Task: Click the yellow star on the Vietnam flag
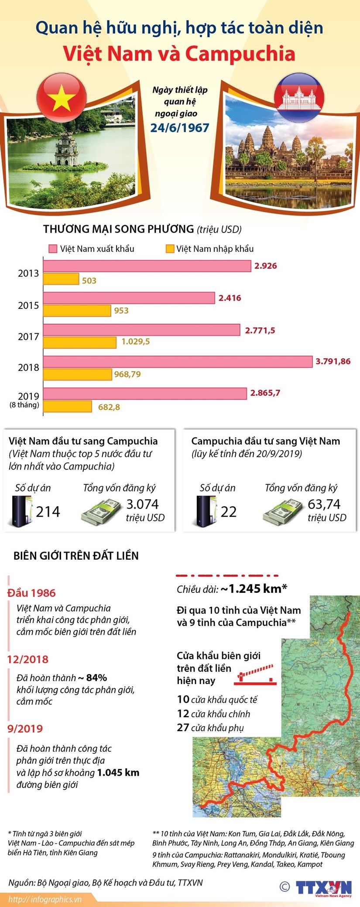62,98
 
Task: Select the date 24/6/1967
180,128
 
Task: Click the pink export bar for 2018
178,361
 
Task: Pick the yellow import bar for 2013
61,279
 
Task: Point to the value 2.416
230,298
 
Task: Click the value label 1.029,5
135,342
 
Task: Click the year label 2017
28,337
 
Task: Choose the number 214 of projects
48,512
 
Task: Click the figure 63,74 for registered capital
324,504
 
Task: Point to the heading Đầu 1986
31,593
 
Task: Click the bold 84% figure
96,678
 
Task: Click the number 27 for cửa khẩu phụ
183,728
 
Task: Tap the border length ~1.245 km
253,589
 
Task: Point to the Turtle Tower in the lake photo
67,151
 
